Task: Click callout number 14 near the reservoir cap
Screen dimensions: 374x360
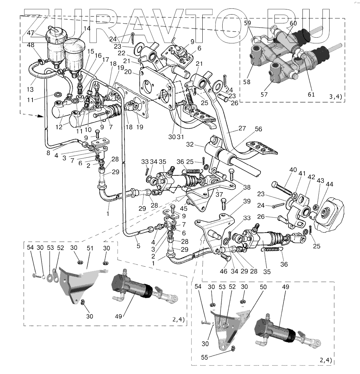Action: point(87,29)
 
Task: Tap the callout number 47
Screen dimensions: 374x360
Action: point(31,33)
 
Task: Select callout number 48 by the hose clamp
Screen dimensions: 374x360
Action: point(31,45)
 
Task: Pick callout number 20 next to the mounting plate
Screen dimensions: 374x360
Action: point(128,72)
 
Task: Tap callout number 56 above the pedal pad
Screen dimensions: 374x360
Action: point(258,129)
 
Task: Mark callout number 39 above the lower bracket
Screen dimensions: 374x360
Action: point(247,201)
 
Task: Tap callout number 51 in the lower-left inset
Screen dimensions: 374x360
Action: point(90,248)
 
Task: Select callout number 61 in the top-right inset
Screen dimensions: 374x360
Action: point(311,95)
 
